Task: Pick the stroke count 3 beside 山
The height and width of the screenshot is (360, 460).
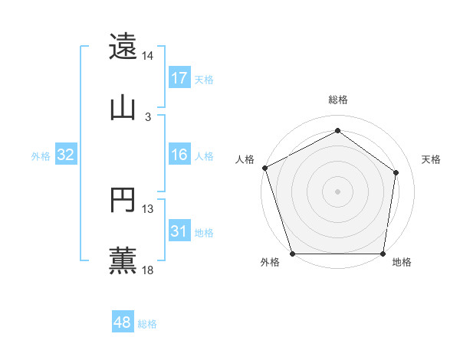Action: [148, 117]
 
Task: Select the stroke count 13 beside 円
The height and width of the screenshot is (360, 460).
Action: [148, 209]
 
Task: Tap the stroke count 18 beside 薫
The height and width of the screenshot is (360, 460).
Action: [148, 270]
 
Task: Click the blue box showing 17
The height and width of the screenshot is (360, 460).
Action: [179, 78]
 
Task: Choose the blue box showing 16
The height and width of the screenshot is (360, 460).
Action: [179, 155]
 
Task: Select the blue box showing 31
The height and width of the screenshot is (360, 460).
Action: [179, 231]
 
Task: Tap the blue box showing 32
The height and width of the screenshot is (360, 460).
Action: [66, 155]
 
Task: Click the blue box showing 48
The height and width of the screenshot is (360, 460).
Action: [123, 322]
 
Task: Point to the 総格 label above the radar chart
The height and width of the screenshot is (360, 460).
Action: [337, 100]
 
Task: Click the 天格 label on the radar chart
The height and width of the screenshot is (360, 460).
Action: [431, 159]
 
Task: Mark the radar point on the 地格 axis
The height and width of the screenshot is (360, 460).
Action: [383, 254]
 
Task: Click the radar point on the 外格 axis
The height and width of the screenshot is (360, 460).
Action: [292, 254]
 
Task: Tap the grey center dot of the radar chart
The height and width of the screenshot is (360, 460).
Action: [337, 191]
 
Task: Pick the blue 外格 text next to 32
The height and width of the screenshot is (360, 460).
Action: [41, 155]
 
